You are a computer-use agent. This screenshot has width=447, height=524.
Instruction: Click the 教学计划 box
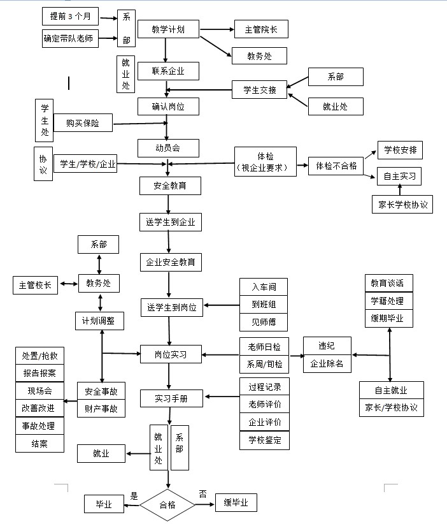tap(169, 29)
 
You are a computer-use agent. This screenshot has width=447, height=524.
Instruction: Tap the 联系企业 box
tap(169, 71)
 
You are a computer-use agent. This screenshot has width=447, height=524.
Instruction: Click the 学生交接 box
tap(259, 90)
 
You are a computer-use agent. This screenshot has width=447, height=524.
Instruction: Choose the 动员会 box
tap(169, 148)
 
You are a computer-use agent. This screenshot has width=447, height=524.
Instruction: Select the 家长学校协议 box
tap(402, 205)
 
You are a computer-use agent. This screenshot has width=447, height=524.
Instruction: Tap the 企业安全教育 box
tap(171, 262)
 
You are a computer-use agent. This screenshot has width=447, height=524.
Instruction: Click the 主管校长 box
tap(36, 285)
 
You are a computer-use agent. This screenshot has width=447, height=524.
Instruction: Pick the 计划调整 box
tap(99, 321)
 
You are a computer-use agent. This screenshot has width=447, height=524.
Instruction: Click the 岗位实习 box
tap(171, 354)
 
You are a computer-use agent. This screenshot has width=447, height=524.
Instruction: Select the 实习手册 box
tap(171, 398)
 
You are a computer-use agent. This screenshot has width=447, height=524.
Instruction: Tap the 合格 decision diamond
tap(167, 505)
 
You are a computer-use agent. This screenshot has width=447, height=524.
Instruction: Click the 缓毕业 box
tap(236, 503)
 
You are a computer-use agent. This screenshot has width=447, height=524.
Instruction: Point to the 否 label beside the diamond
tap(202, 493)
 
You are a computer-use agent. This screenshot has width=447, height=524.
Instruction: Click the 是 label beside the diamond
tap(134, 495)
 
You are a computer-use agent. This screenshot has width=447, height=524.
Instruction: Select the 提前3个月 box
tap(71, 15)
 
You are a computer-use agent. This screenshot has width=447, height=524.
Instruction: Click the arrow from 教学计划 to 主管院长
tap(216, 29)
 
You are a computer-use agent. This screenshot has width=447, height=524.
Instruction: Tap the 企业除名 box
tap(327, 364)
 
